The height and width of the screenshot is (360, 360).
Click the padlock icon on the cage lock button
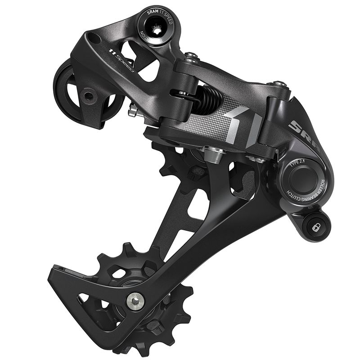coord(315,228)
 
